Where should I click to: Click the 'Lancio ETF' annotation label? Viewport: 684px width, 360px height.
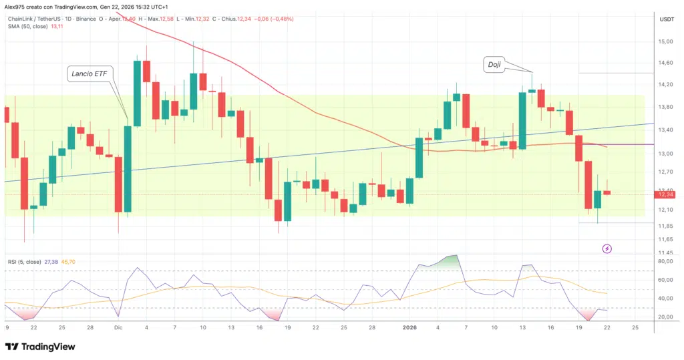[88, 74]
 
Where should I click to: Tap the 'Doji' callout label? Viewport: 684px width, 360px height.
[494, 64]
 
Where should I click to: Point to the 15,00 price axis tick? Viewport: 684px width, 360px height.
[666, 41]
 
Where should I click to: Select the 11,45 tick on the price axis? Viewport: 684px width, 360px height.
[666, 252]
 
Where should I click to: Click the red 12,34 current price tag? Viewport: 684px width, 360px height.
[666, 194]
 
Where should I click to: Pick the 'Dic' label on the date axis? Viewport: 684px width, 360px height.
[118, 327]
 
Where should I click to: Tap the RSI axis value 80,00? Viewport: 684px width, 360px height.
[666, 261]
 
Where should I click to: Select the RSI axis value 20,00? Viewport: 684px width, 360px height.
[666, 317]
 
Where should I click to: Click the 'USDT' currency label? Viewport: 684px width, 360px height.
[666, 20]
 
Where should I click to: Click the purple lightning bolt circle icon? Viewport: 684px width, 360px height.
[607, 248]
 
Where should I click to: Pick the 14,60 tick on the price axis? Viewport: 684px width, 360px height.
[666, 63]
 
